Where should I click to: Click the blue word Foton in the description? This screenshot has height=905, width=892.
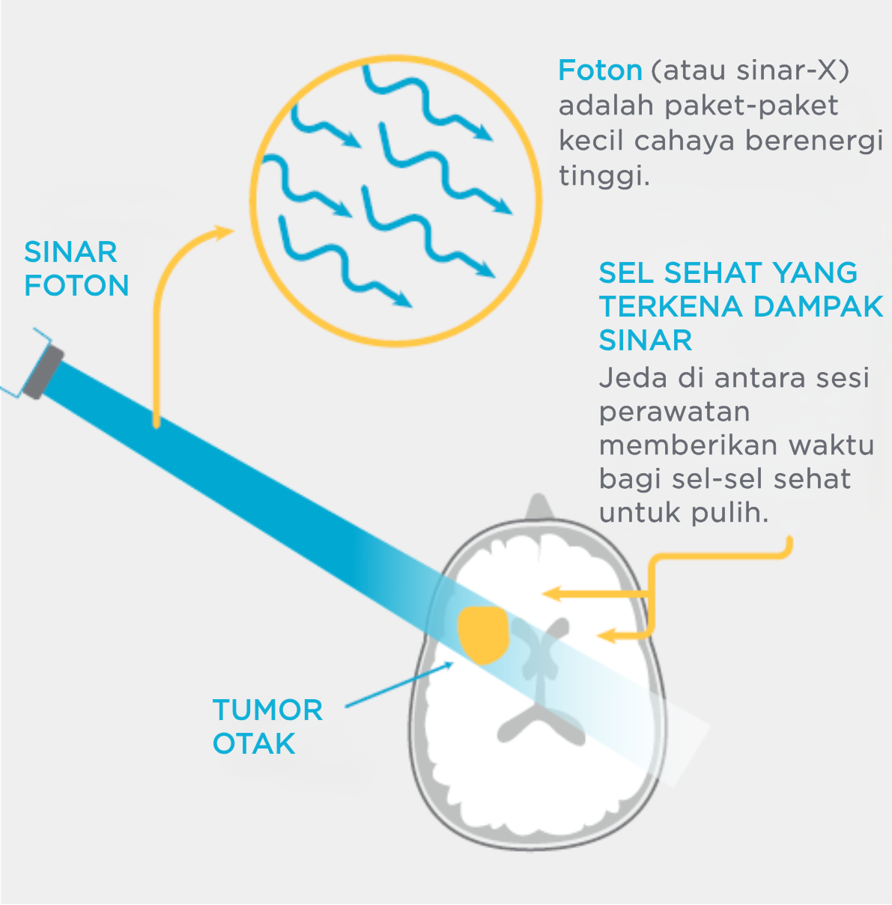[x=600, y=70]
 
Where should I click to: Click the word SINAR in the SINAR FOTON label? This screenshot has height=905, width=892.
[x=70, y=252]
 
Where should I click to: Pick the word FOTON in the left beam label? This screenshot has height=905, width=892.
[x=76, y=285]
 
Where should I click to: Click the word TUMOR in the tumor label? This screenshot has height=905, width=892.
[x=267, y=710]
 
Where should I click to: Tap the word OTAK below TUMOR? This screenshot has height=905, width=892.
[x=254, y=744]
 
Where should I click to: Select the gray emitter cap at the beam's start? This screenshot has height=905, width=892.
[x=43, y=373]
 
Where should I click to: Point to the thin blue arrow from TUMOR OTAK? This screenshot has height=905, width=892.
[x=399, y=684]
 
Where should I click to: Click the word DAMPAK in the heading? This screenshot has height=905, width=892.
[x=818, y=307]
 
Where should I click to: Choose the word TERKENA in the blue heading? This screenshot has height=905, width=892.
[x=670, y=307]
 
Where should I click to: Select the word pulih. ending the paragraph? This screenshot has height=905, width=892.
[x=730, y=514]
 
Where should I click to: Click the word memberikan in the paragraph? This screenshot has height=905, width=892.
[x=688, y=445]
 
